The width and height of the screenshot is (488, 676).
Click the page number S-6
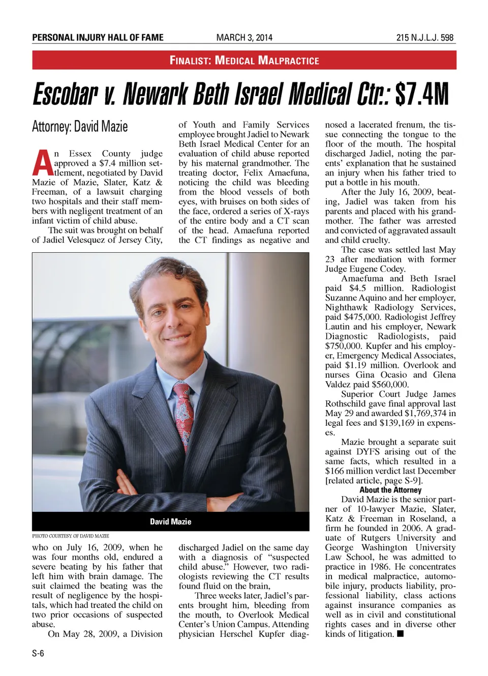click(x=38, y=654)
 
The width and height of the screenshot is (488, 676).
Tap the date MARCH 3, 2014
click(x=244, y=38)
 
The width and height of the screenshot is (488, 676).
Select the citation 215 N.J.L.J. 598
click(x=425, y=38)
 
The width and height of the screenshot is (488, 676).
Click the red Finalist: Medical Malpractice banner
click(x=244, y=60)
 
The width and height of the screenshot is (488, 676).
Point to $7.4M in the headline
click(x=422, y=95)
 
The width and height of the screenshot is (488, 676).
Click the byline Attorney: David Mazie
click(x=80, y=126)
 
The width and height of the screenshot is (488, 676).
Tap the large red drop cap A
click(x=42, y=163)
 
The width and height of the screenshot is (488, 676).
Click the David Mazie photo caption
click(x=170, y=521)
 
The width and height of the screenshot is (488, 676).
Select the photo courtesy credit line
click(x=70, y=536)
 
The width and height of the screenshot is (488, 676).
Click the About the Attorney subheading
click(x=390, y=490)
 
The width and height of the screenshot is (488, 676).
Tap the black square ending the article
click(x=401, y=634)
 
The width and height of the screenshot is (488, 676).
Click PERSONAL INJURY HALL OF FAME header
click(x=98, y=38)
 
